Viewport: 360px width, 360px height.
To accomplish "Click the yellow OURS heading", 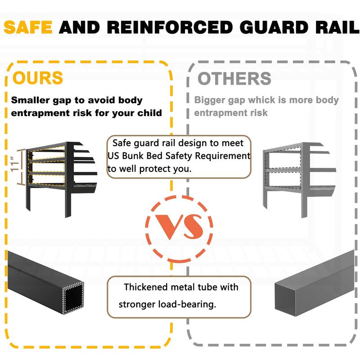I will pos(38,78).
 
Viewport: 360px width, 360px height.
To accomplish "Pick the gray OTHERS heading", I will pos(234,78).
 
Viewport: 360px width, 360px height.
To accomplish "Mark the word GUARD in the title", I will pos(261,27).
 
